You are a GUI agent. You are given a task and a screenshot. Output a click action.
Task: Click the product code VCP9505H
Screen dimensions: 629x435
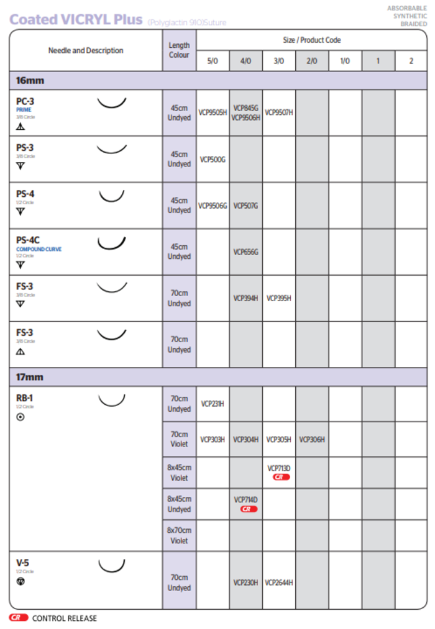pos(213,113)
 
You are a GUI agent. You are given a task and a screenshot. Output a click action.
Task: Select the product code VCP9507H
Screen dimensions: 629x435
pos(279,113)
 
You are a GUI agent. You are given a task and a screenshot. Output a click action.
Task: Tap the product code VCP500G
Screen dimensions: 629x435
pos(213,160)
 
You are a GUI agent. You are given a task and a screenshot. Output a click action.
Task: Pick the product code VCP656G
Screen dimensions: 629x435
pos(245,252)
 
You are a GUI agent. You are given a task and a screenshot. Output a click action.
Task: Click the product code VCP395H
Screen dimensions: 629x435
pos(279,298)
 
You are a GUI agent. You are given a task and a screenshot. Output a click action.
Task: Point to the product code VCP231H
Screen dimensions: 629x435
pos(213,404)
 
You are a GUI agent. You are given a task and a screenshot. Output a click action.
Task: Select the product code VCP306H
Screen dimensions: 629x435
pos(312,440)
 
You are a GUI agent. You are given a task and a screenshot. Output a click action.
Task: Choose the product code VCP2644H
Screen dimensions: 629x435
pos(279,582)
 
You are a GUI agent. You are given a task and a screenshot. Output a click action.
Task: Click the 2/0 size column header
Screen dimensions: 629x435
pos(312,61)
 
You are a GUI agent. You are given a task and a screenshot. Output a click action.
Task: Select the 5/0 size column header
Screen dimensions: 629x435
pos(213,61)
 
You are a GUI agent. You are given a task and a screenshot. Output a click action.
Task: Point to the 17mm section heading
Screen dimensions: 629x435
pos(30,377)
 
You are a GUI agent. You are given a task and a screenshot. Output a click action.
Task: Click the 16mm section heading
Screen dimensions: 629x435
pos(30,81)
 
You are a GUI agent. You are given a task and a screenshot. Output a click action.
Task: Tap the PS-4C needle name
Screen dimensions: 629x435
pos(28,240)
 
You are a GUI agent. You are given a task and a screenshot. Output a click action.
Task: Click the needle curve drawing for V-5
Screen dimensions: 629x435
pos(112,566)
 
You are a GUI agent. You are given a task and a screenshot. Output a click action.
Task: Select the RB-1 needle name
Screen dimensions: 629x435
pos(25,398)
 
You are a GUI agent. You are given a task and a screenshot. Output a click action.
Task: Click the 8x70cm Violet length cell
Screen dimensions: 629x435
pos(179,535)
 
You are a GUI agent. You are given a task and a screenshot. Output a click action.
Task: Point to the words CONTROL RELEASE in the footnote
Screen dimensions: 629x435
pos(65,618)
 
